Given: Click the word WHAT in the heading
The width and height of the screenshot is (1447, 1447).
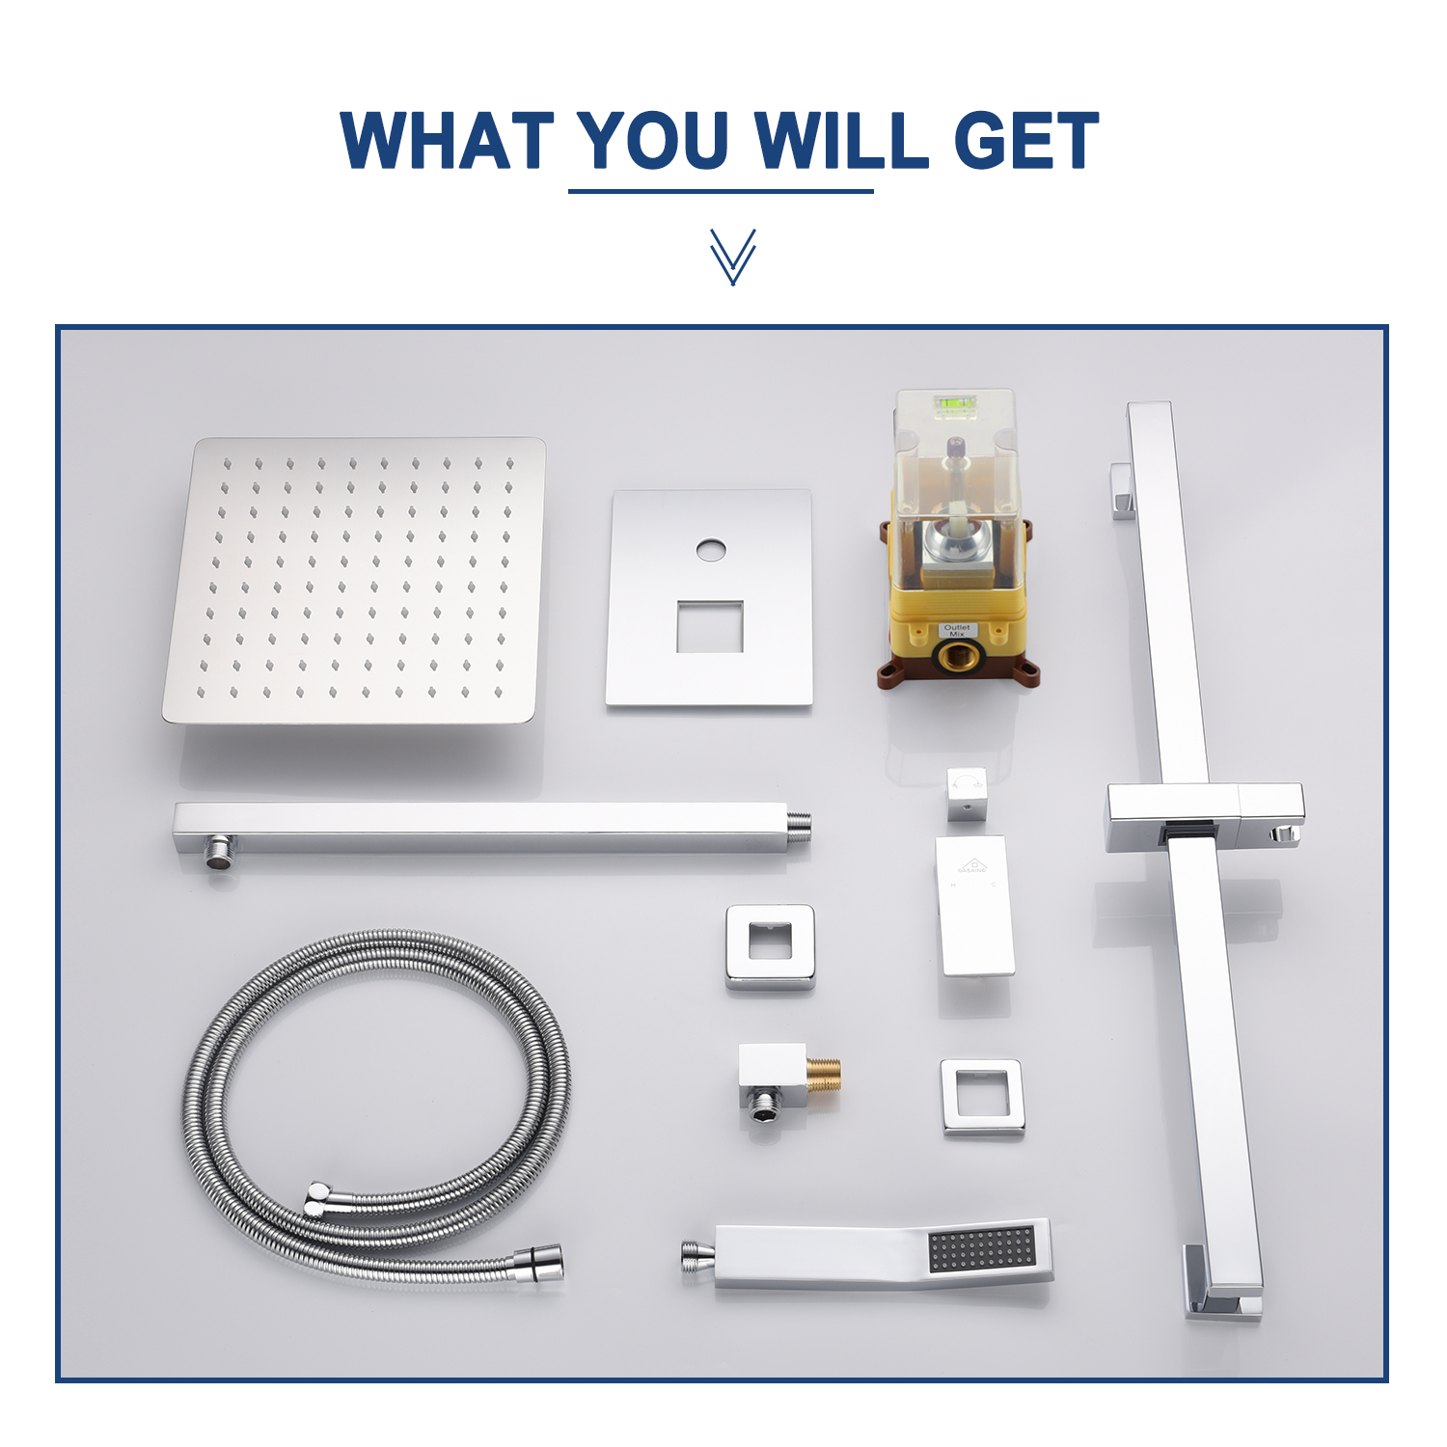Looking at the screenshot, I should tap(447, 141).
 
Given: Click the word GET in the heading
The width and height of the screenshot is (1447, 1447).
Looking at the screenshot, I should tap(1025, 141).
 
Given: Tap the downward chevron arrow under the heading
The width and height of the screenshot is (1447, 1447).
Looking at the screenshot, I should tap(732, 257).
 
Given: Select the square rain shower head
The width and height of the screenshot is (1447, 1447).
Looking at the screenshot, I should tap(354, 581).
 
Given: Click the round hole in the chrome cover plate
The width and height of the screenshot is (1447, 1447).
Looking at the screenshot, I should tap(711, 551).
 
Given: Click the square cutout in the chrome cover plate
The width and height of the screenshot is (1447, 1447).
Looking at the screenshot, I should tap(710, 626).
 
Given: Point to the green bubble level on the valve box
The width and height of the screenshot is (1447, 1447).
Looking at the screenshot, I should tap(955, 406).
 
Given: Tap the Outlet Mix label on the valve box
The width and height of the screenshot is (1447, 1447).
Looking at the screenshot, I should tap(957, 630).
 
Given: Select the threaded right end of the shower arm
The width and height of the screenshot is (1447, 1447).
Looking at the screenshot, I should tap(798, 826).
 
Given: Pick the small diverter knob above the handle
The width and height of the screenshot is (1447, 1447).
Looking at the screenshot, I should tap(967, 794).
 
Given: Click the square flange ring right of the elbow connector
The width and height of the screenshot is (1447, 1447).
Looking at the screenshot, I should tap(982, 1097).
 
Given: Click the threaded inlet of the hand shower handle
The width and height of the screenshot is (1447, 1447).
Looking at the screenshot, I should tap(697, 1257).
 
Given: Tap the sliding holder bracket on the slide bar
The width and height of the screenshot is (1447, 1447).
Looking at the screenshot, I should tap(1204, 816).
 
